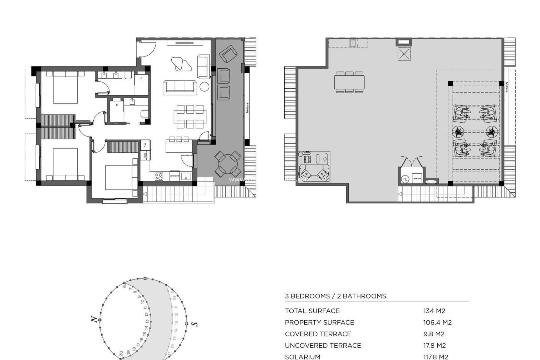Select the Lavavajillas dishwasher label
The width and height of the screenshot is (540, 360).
pos(174,176)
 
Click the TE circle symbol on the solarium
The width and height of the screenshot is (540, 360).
pos(405,179)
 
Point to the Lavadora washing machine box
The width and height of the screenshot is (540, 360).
pos(417,178)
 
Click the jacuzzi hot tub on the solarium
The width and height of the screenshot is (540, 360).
pos(314,167)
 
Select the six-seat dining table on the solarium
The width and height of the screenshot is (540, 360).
pos(350,82)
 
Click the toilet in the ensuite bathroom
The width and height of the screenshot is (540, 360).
pos(144,114)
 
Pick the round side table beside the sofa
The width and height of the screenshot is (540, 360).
pos(204,87)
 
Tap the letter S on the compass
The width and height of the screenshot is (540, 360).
pos(194,324)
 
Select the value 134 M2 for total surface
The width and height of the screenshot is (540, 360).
pos(434,311)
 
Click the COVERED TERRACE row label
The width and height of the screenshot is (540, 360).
pos(318,334)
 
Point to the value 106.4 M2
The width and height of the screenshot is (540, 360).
pos(437,322)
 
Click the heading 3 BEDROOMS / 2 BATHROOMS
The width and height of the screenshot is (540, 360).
pos(335,296)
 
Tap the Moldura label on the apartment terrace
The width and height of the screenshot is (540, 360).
pos(247,108)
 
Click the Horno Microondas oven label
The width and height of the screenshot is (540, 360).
pos(145,156)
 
